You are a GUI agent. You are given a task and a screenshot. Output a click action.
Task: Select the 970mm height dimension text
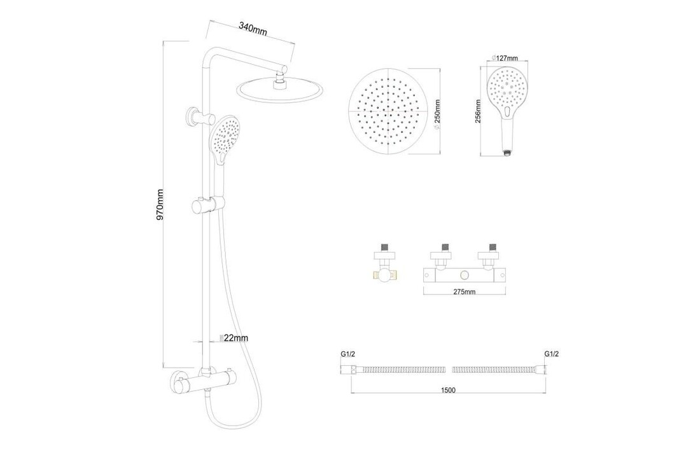(160, 204)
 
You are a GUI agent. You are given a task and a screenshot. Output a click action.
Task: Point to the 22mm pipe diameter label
(235, 338)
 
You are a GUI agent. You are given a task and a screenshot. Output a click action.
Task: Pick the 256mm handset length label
(479, 112)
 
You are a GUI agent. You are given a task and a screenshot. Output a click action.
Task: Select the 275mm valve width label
(465, 292)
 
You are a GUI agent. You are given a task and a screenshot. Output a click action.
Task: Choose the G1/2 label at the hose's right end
(551, 354)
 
